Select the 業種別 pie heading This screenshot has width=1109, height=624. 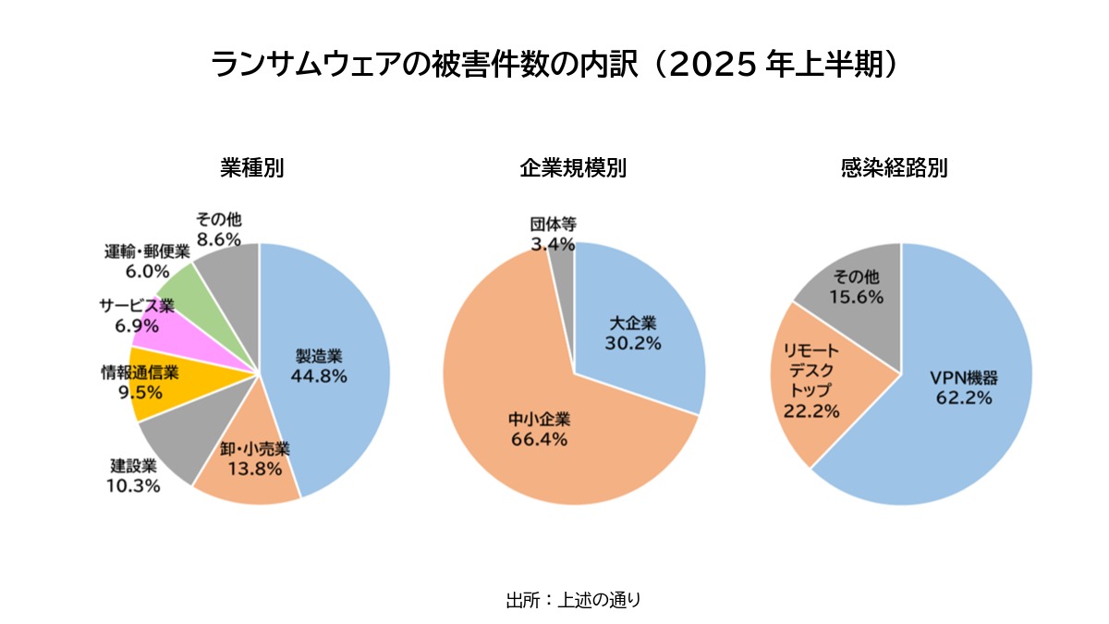[x=251, y=168]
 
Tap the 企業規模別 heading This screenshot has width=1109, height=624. [x=573, y=168]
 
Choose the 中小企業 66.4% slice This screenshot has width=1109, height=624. [x=536, y=434]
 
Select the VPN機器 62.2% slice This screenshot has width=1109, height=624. [x=961, y=388]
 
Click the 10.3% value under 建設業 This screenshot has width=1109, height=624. [x=135, y=485]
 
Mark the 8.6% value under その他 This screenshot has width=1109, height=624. [x=218, y=239]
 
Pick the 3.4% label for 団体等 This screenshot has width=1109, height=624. [x=553, y=244]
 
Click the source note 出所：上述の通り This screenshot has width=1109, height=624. [x=573, y=599]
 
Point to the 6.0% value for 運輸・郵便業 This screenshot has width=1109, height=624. [x=147, y=272]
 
